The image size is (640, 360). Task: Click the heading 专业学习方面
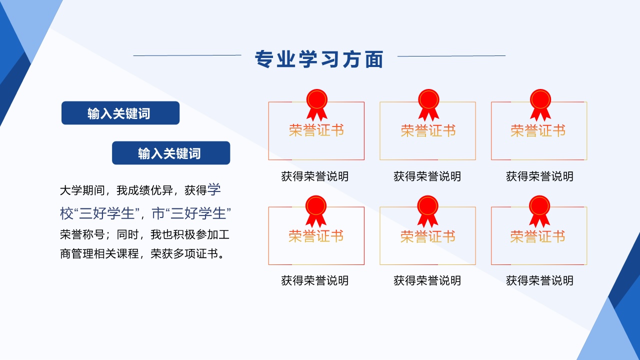[319, 59]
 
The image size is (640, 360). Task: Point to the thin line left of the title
[187, 55]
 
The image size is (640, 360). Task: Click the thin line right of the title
[451, 56]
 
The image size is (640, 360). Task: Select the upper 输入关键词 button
[120, 113]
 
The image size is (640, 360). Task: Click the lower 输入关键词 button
[171, 153]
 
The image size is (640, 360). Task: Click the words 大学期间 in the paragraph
[82, 190]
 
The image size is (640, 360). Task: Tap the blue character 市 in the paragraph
[158, 213]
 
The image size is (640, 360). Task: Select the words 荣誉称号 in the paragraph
[82, 234]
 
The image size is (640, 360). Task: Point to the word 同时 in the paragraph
[127, 234]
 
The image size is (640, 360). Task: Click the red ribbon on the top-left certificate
[317, 104]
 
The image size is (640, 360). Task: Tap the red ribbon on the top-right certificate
[540, 104]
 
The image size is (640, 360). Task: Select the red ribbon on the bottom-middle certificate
[427, 211]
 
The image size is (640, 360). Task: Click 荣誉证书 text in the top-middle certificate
[428, 131]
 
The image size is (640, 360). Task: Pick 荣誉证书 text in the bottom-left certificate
[316, 236]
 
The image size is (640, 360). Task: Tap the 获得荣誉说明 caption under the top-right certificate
[539, 176]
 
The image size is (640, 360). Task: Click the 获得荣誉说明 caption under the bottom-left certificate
[315, 280]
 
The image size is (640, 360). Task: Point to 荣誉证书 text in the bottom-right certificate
[537, 237]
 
